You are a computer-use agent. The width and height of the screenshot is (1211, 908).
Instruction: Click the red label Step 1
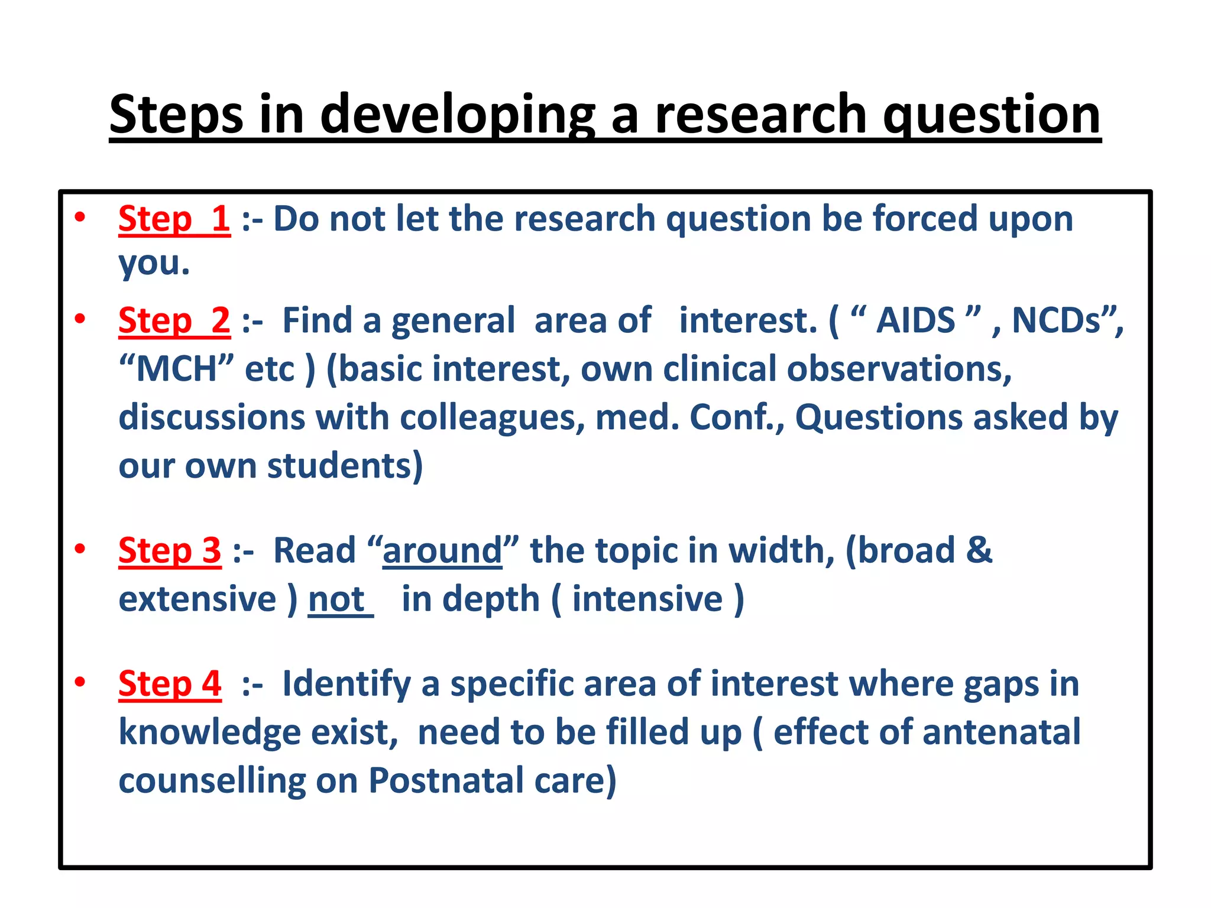coord(174,219)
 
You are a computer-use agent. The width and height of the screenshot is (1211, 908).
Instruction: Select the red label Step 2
coord(174,320)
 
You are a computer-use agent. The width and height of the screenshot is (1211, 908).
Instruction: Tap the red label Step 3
coord(170,550)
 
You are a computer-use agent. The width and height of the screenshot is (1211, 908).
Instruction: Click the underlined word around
coord(442,550)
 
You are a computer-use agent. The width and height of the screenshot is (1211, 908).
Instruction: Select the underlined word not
coord(336,599)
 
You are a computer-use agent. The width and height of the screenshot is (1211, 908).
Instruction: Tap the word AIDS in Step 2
coord(915,320)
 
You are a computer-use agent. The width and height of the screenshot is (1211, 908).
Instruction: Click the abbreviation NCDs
coord(1056,320)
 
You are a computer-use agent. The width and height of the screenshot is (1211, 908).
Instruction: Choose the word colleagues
coord(488,417)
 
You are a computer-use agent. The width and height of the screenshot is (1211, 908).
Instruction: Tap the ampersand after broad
coord(979,550)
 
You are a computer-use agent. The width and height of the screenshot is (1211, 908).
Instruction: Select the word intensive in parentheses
coord(647,599)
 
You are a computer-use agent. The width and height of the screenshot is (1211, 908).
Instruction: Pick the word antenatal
coord(1001,732)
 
